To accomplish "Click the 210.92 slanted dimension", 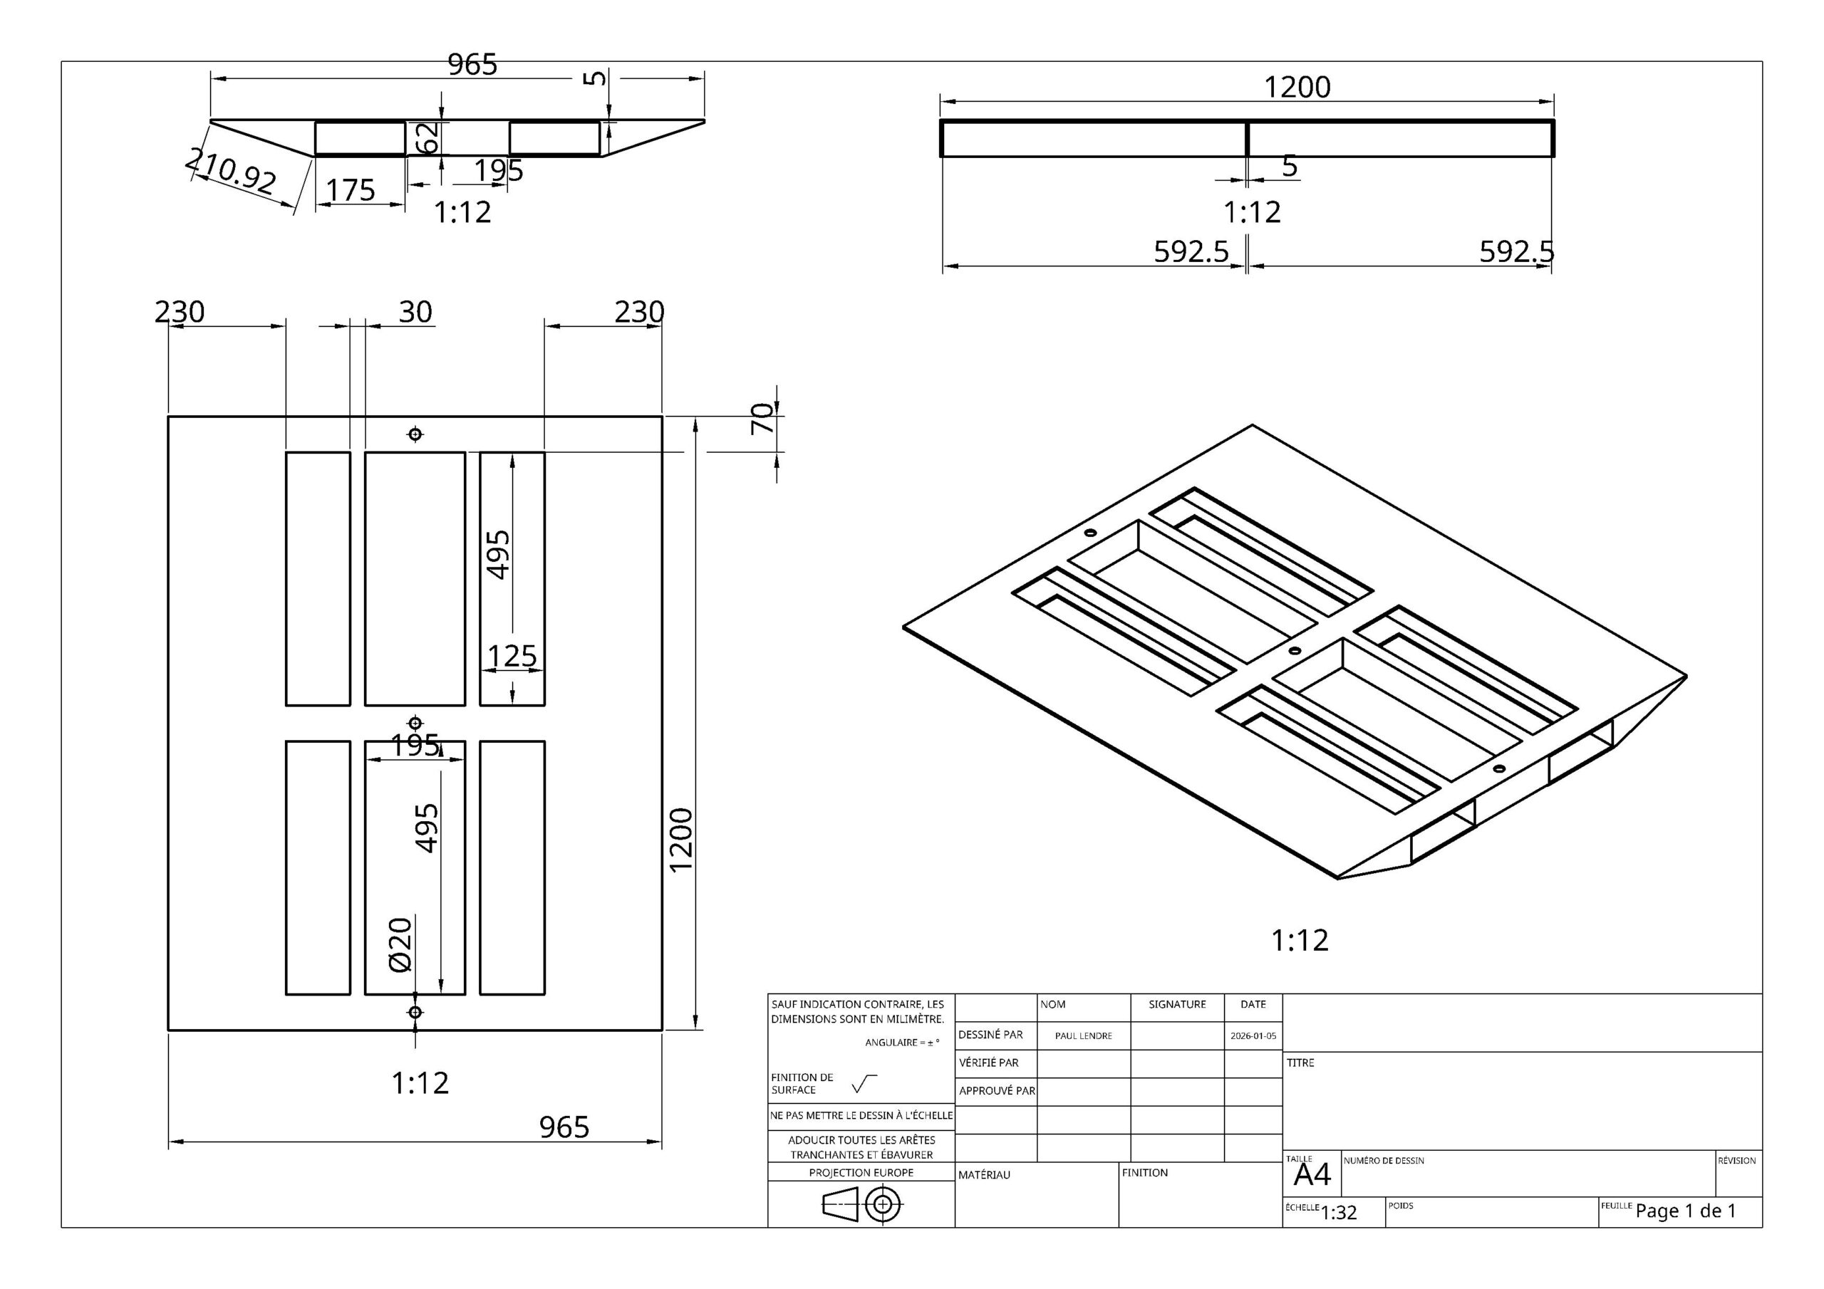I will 230,170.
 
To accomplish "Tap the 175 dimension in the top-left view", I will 351,190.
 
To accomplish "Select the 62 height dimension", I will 429,138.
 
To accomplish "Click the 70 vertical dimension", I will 762,418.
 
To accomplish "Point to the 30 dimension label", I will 415,312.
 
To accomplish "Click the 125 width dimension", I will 512,656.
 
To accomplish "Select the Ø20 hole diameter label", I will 400,944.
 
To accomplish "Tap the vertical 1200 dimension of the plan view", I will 682,840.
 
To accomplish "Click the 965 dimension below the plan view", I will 564,1127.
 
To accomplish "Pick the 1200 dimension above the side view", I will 1297,88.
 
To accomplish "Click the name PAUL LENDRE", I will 1083,1035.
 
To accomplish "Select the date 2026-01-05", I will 1253,1035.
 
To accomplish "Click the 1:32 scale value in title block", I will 1339,1213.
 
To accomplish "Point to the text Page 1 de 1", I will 1686,1211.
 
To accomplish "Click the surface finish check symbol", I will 864,1083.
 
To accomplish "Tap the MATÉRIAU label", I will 983,1174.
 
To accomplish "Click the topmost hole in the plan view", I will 415,434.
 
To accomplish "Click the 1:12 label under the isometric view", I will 1300,940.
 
